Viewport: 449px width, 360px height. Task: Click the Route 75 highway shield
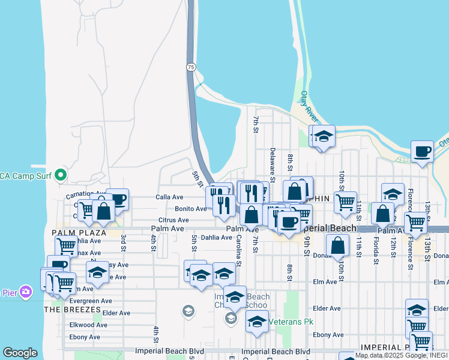pyautogui.click(x=190, y=67)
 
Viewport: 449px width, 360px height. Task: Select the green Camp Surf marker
pyautogui.click(x=60, y=176)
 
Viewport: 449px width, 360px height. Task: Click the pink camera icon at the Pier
pyautogui.click(x=26, y=292)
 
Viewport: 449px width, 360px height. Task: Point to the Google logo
pyautogui.click(x=20, y=352)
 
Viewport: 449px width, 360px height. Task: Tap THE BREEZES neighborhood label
pyautogui.click(x=72, y=309)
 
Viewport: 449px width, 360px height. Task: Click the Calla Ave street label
pyautogui.click(x=169, y=197)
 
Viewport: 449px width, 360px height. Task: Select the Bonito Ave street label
pyautogui.click(x=191, y=209)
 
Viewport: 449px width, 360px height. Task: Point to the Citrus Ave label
pyautogui.click(x=173, y=220)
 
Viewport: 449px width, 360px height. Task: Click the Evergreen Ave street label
pyautogui.click(x=90, y=301)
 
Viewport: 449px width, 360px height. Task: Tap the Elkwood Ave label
pyautogui.click(x=88, y=325)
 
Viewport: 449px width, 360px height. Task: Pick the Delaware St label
pyautogui.click(x=273, y=165)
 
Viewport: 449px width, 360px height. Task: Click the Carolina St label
pyautogui.click(x=238, y=250)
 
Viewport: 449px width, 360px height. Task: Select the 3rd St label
pyautogui.click(x=122, y=240)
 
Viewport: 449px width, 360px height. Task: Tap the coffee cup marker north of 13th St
pyautogui.click(x=422, y=151)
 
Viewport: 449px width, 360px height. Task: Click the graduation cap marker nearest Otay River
pyautogui.click(x=324, y=136)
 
